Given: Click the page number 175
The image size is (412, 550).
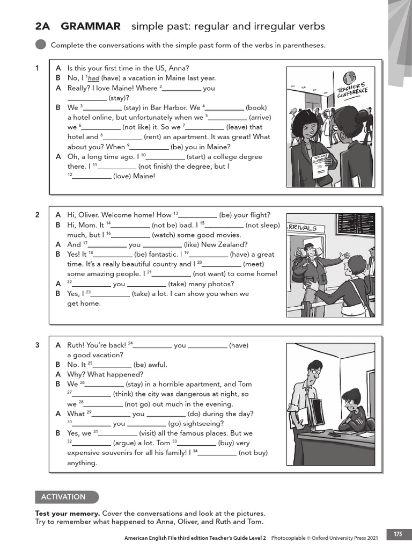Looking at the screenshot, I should click(398, 534).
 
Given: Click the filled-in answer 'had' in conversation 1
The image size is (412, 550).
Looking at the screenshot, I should click(94, 78).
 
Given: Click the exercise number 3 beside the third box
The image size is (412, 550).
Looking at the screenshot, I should click(38, 345).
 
